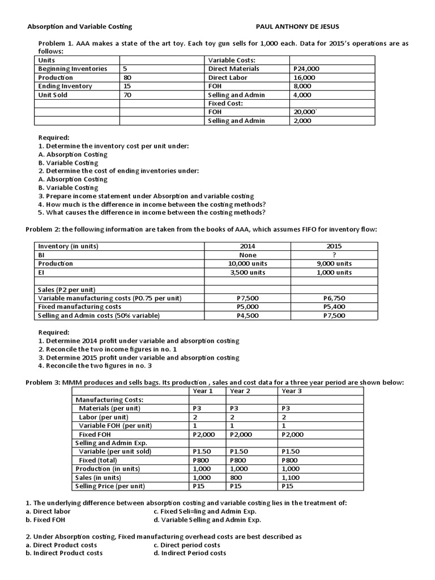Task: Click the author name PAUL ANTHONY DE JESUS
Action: pyautogui.click(x=298, y=26)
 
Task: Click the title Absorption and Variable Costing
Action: pyautogui.click(x=80, y=26)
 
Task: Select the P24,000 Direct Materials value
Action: pyautogui.click(x=306, y=69)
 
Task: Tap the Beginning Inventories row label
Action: pyautogui.click(x=72, y=69)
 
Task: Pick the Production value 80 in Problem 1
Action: pyautogui.click(x=127, y=78)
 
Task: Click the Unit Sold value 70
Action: pyautogui.click(x=127, y=95)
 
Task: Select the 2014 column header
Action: pyautogui.click(x=248, y=246)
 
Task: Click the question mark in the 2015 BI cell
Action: pyautogui.click(x=334, y=255)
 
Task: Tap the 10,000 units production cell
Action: pyautogui.click(x=248, y=264)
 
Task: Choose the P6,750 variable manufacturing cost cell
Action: pyautogui.click(x=334, y=298)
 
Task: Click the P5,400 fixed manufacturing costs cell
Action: pyautogui.click(x=334, y=306)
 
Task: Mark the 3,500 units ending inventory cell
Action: pyautogui.click(x=248, y=272)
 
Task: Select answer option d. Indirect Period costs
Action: pyautogui.click(x=189, y=553)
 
